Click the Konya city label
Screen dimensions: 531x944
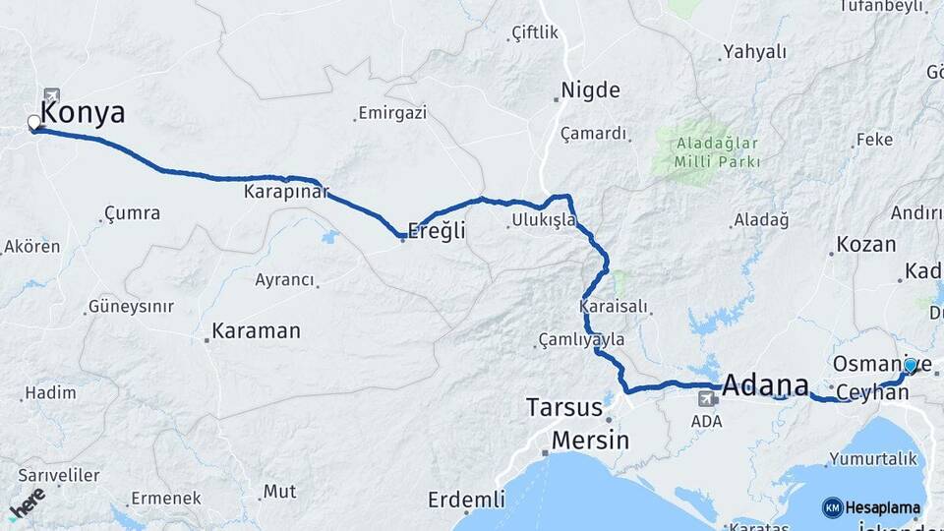(x=84, y=113)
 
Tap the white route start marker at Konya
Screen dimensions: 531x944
(x=34, y=123)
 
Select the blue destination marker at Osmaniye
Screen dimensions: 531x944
(x=911, y=366)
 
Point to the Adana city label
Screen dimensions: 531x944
(x=765, y=385)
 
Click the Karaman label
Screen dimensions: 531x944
(x=257, y=331)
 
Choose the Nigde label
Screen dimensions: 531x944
(x=590, y=91)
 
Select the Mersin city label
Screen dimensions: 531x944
(x=590, y=440)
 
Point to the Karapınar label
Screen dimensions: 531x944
(x=286, y=193)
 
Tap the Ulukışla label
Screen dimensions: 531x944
(x=543, y=220)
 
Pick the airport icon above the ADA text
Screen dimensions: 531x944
(x=706, y=399)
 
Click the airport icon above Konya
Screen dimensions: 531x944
(x=51, y=95)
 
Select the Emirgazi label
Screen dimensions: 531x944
(x=392, y=113)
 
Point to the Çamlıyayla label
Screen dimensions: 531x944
(x=581, y=340)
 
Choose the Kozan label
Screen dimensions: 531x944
(x=865, y=245)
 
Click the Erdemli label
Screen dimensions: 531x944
(x=466, y=500)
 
